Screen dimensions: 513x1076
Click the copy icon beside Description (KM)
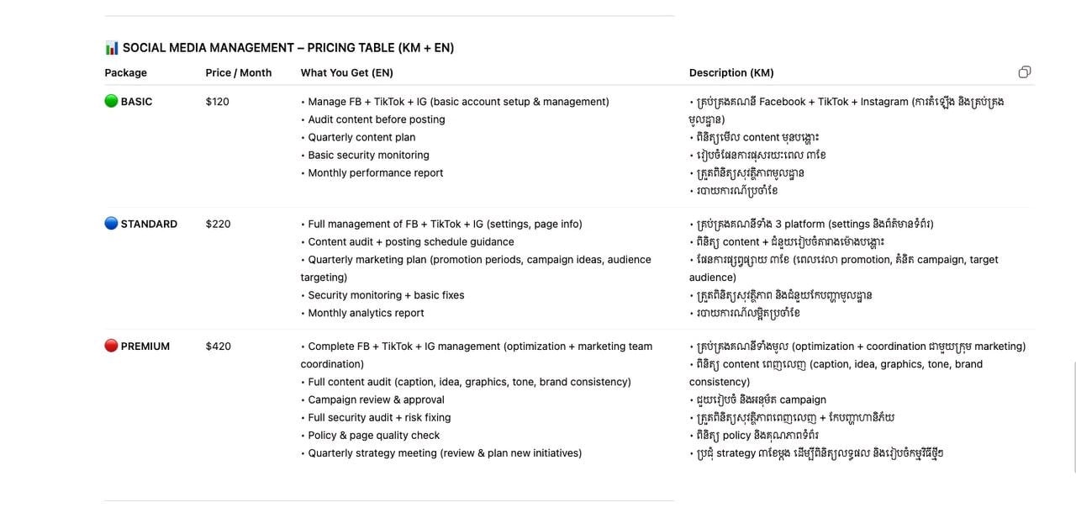tap(1024, 72)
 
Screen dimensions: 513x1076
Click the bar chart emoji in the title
tap(112, 48)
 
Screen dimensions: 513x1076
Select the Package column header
tap(125, 73)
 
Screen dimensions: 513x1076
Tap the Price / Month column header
tap(239, 73)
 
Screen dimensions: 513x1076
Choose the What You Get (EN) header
tap(347, 73)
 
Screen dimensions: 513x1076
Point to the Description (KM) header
tap(731, 73)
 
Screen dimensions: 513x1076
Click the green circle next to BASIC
tap(111, 102)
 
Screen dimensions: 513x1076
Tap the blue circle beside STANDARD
tap(111, 224)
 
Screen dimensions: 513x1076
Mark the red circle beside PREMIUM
tap(111, 346)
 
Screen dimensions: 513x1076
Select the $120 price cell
tap(217, 102)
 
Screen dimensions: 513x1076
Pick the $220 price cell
tap(218, 225)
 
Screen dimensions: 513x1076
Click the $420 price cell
tap(218, 346)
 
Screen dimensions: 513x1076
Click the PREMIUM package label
tap(145, 346)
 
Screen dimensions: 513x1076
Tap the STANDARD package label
tap(149, 225)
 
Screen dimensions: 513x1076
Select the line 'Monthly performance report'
tap(375, 173)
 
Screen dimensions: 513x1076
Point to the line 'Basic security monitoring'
tap(368, 156)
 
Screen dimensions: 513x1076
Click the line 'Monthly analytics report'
tap(366, 314)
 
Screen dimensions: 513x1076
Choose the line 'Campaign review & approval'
tap(376, 400)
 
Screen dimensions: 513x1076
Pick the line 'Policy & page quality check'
tap(373, 436)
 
